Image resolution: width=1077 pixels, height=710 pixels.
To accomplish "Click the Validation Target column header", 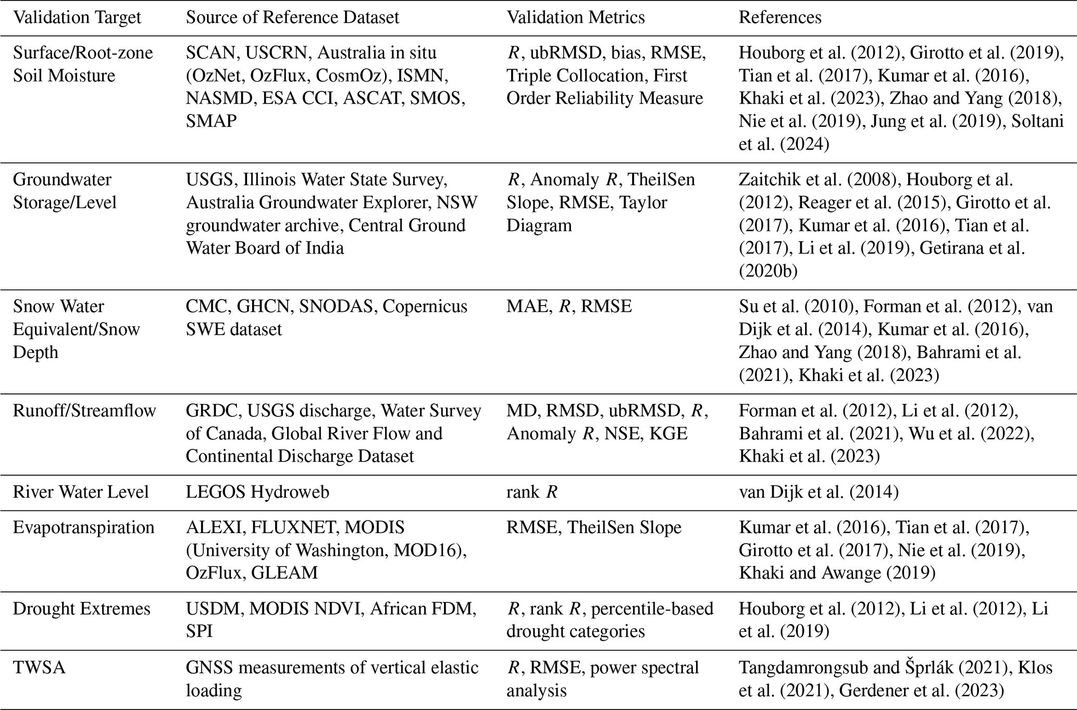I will pos(77,17).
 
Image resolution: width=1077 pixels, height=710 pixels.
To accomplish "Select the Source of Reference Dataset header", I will pos(292,17).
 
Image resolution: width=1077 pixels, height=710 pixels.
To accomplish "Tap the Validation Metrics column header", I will pos(575,17).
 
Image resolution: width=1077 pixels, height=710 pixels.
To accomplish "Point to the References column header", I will pos(779,17).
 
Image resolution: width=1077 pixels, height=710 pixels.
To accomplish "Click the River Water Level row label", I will pos(81,492).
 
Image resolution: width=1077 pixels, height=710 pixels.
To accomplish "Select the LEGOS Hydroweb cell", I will pos(257,492).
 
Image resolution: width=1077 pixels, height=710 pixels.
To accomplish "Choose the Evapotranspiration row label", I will pos(83,527).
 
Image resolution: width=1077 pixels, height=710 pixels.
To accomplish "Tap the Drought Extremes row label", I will pos(81,608).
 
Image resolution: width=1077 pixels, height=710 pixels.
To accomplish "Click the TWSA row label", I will pos(39,667).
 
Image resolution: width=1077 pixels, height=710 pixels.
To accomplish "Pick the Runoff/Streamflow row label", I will pos(84,411).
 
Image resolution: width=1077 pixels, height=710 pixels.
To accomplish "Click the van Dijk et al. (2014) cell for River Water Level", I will pos(818,492).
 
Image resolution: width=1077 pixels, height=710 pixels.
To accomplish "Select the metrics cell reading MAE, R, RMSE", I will pos(569,307).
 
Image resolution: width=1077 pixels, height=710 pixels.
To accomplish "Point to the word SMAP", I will pos(211,121).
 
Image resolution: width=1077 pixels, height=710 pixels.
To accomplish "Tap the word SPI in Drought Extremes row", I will pos(199,631).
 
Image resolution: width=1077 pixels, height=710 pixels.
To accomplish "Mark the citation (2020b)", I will pos(767,271).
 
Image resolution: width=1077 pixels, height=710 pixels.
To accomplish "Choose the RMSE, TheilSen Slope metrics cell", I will pos(593,527).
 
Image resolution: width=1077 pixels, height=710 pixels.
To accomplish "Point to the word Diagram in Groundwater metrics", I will pos(539,225).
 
